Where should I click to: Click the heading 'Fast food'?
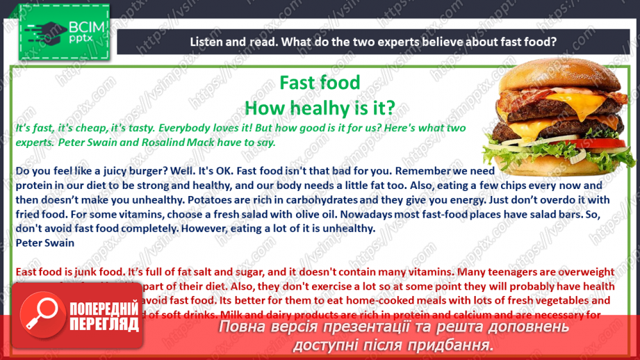[320, 83]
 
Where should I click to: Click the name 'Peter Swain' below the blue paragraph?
[42, 243]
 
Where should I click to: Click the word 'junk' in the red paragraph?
[80, 272]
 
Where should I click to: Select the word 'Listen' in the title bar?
[207, 42]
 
